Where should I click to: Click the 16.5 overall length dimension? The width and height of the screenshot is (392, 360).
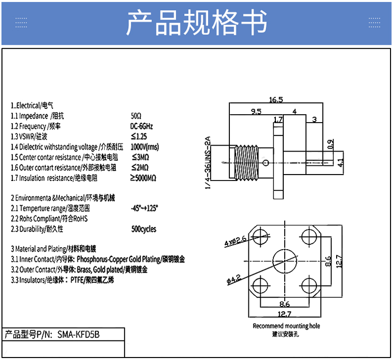[276, 100]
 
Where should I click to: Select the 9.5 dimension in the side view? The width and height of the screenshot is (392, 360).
[256, 111]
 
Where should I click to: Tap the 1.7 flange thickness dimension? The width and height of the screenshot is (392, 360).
[278, 120]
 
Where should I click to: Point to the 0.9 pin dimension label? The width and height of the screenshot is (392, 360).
[330, 144]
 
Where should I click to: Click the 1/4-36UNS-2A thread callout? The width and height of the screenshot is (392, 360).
[208, 163]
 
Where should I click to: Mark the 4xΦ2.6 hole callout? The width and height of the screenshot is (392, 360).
[235, 240]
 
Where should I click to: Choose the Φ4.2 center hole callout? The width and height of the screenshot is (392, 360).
[234, 279]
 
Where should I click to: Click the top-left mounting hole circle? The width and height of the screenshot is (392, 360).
[260, 237]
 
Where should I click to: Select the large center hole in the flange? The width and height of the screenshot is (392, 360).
[285, 261]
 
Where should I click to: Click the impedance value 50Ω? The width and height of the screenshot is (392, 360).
[136, 116]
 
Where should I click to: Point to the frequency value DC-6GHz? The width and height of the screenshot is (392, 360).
[142, 126]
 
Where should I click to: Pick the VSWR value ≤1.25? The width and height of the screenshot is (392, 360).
[139, 136]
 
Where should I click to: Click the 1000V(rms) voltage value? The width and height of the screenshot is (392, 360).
[145, 147]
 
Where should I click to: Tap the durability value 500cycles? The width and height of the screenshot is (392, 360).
[144, 229]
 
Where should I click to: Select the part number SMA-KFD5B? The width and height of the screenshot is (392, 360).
[78, 334]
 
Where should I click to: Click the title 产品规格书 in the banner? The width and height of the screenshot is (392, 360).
[197, 22]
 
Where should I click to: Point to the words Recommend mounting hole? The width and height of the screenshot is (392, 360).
[286, 326]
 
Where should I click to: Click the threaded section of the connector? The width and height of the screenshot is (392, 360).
[247, 163]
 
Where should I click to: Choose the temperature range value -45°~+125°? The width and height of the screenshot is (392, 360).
[144, 208]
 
